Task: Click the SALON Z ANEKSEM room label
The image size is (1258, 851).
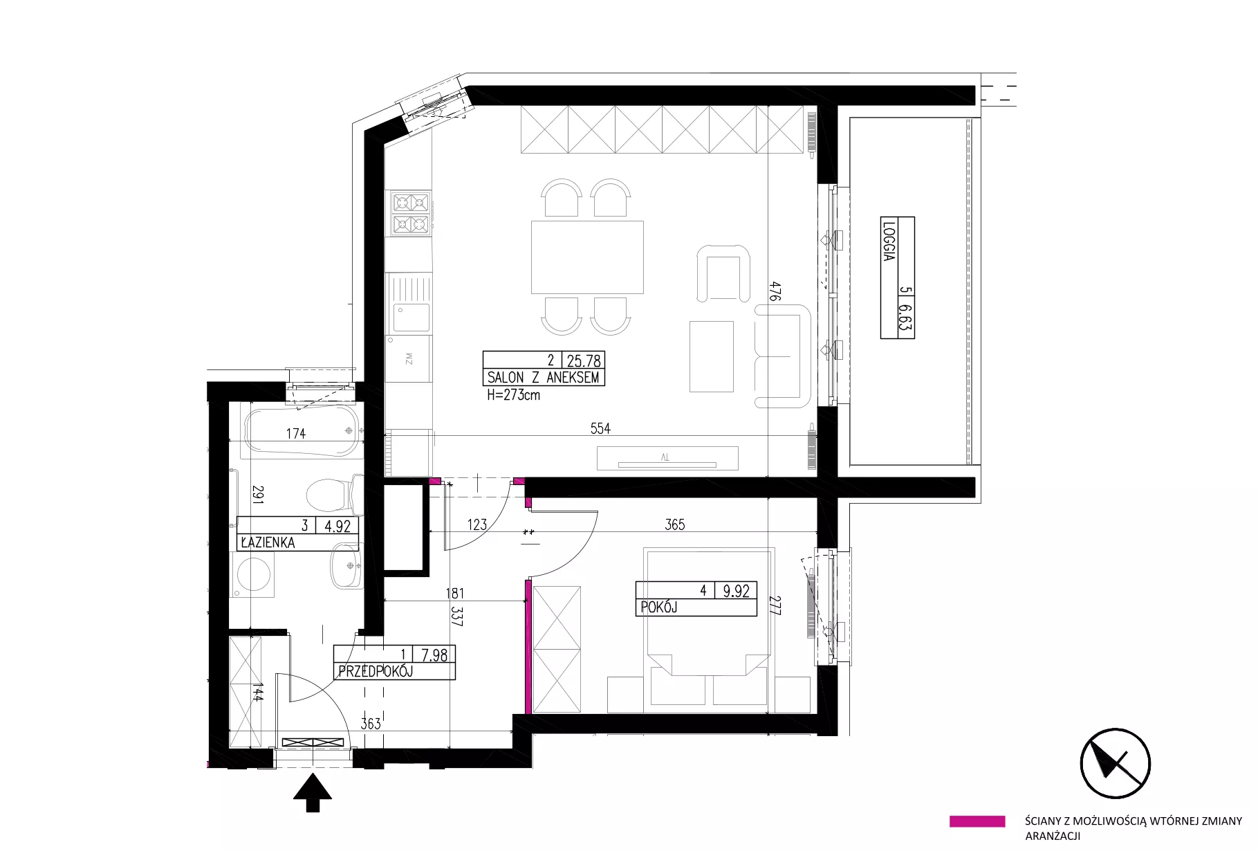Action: (543, 378)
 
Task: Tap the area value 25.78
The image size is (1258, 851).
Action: (584, 360)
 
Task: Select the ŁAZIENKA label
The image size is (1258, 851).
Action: (268, 542)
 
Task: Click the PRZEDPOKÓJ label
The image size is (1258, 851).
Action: (376, 671)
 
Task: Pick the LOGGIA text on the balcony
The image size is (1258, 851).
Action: (889, 240)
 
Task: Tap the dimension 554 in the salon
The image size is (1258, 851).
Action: (600, 428)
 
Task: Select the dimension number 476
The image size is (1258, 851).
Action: (776, 291)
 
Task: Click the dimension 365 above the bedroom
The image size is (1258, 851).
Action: (674, 524)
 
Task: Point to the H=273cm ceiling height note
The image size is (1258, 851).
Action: (513, 396)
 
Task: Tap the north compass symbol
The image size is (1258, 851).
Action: (1115, 763)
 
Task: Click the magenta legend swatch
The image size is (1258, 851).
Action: (977, 821)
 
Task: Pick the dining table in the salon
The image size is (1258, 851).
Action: (587, 257)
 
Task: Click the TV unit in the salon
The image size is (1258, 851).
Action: (667, 458)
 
